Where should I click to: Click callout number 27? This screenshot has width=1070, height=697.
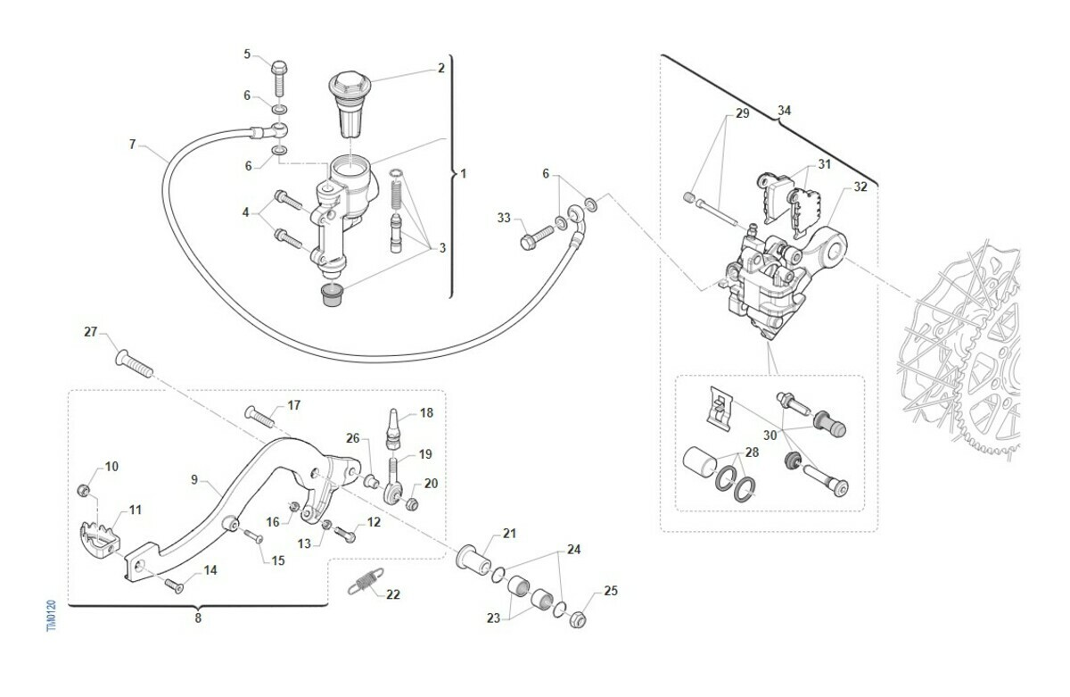coord(90,332)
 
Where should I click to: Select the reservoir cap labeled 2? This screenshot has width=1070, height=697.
coord(349,102)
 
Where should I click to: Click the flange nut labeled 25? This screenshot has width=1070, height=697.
coord(578,616)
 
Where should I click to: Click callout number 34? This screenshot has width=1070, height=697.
coord(784,111)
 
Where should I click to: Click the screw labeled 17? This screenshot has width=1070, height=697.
coord(258,416)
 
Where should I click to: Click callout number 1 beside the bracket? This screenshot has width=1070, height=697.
coord(462,173)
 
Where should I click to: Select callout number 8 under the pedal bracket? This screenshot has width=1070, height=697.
coord(198,617)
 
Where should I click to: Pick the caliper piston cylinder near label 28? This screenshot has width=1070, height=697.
coord(699,467)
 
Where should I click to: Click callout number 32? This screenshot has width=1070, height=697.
coord(860,187)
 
